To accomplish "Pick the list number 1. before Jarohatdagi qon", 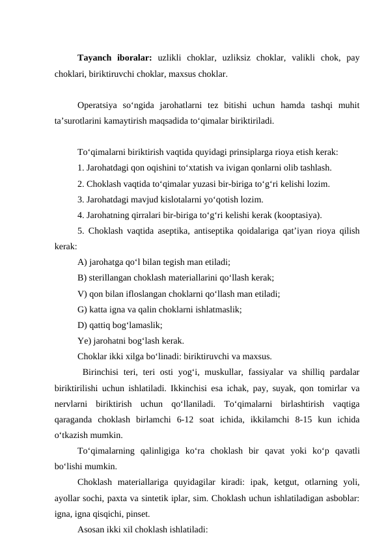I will tap(80, 169).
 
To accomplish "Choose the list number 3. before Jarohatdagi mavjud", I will tap(80, 200).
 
